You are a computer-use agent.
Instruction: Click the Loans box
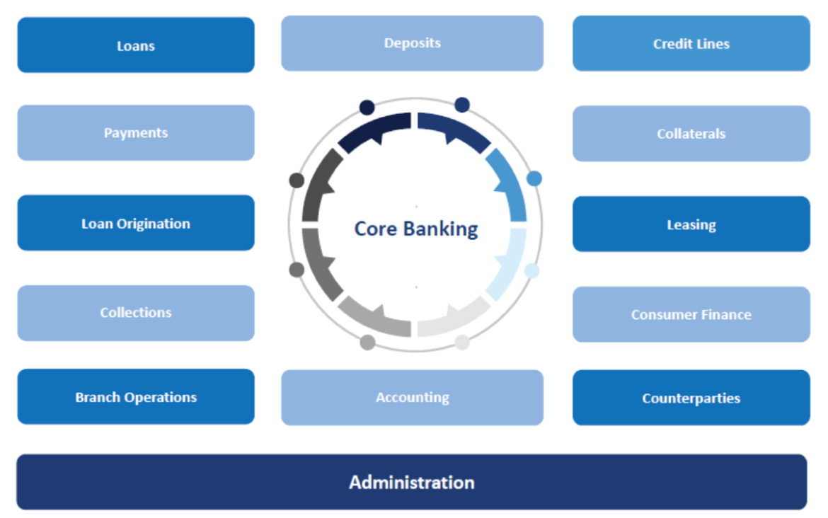[x=136, y=45]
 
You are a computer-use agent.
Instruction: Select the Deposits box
[x=412, y=43]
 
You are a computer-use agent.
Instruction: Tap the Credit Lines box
[x=691, y=43]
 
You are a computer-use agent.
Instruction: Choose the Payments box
[x=136, y=132]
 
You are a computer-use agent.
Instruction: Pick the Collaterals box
[x=691, y=134]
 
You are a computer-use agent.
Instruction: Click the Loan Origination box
[x=136, y=223]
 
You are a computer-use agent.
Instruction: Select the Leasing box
[x=691, y=224]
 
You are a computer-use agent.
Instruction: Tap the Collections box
[x=136, y=313]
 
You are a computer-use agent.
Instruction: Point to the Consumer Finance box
[x=691, y=314]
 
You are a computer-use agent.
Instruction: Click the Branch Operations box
[x=136, y=396]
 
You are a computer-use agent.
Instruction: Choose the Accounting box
[x=412, y=398]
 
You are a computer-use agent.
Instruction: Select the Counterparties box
[x=691, y=398]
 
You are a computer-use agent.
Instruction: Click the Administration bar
[x=412, y=482]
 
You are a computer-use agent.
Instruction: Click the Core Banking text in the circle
[x=416, y=229]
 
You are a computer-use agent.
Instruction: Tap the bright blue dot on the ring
[x=534, y=178]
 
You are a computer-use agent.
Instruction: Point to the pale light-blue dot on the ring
[x=531, y=271]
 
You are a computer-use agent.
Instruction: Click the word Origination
[x=153, y=224]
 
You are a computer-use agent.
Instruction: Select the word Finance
[x=725, y=315]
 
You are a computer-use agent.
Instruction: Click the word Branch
[x=98, y=397]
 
